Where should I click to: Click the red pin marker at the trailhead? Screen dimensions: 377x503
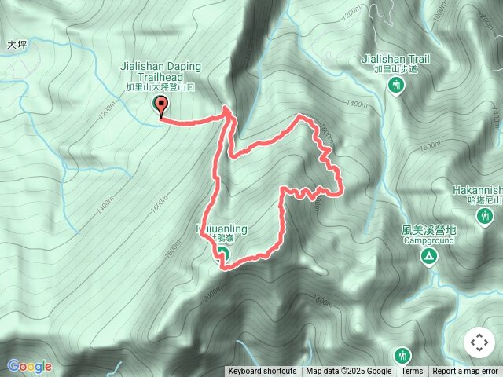(163, 106)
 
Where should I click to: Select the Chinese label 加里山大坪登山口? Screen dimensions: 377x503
(160, 88)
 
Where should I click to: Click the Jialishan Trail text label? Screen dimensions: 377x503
(396, 58)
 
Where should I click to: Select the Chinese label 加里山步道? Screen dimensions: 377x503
(397, 69)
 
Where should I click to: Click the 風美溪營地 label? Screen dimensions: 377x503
(428, 230)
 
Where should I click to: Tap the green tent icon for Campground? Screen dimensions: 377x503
(429, 256)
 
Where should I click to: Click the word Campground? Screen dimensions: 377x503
(429, 240)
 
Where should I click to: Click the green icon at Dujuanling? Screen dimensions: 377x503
(222, 254)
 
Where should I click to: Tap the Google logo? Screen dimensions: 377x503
(29, 366)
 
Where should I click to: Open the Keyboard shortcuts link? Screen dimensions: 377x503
(263, 372)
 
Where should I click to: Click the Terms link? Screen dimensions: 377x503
(412, 372)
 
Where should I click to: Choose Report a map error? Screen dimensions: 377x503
(465, 372)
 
